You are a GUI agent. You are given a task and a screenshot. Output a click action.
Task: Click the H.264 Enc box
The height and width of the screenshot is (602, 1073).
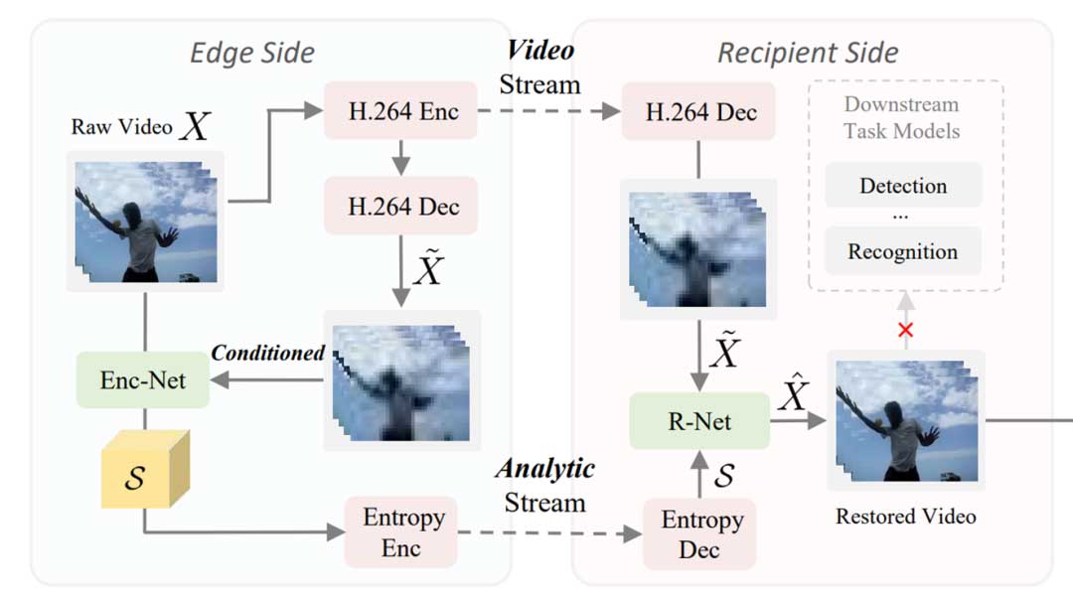pos(401,111)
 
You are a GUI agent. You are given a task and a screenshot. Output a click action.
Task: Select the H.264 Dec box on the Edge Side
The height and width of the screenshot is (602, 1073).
pos(401,206)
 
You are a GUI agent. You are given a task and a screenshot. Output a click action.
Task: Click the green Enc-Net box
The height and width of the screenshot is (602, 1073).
pos(143,379)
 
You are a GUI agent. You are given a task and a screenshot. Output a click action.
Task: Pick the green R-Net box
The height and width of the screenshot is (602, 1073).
pos(699,420)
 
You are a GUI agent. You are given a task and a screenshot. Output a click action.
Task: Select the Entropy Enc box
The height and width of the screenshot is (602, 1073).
pos(400,532)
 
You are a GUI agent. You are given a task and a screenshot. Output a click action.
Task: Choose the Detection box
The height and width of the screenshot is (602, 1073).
pos(903,186)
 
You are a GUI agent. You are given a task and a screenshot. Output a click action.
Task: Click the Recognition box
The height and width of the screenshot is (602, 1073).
pos(903,251)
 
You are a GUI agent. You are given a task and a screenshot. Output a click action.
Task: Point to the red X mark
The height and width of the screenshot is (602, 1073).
pos(904,330)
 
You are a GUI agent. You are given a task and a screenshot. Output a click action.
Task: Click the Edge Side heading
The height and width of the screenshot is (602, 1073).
pos(252,52)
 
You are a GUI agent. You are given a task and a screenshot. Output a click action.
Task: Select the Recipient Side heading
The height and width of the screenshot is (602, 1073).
pos(808,52)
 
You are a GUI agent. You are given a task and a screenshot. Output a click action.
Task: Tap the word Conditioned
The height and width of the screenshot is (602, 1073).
pos(267,353)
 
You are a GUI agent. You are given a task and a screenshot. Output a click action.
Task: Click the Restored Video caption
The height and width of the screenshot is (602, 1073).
pos(905,516)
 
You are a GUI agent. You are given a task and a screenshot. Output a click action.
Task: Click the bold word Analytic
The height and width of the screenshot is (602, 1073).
pos(544,468)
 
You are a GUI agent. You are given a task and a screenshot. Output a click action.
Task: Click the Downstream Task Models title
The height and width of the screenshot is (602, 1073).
pos(902,116)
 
